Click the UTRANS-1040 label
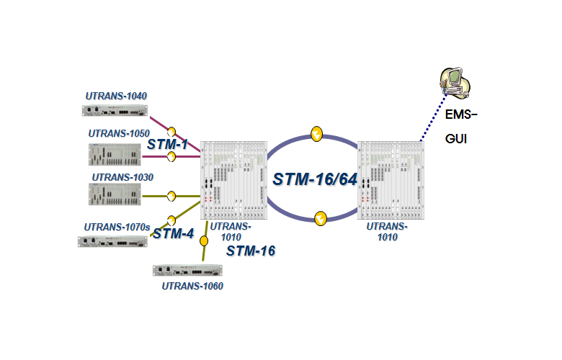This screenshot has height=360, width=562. point(116,96)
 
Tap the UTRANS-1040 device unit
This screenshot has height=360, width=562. point(114,111)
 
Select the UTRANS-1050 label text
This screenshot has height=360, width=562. point(119,133)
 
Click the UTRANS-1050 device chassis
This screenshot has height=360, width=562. point(115,155)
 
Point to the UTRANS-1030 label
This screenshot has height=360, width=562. point(122,176)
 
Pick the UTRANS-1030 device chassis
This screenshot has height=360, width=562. point(115,195)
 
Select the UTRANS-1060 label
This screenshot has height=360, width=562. point(192,286)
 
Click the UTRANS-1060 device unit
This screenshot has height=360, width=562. point(187,271)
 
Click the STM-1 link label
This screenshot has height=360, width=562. point(167,145)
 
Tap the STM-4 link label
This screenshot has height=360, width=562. point(174,233)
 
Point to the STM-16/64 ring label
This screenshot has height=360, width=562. point(315,179)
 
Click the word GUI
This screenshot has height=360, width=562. point(456,138)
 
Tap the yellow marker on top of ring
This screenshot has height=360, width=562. point(316,133)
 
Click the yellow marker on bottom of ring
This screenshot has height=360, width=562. point(321,216)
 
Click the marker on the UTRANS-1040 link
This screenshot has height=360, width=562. point(172,132)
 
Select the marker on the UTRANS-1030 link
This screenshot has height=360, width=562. point(171,196)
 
